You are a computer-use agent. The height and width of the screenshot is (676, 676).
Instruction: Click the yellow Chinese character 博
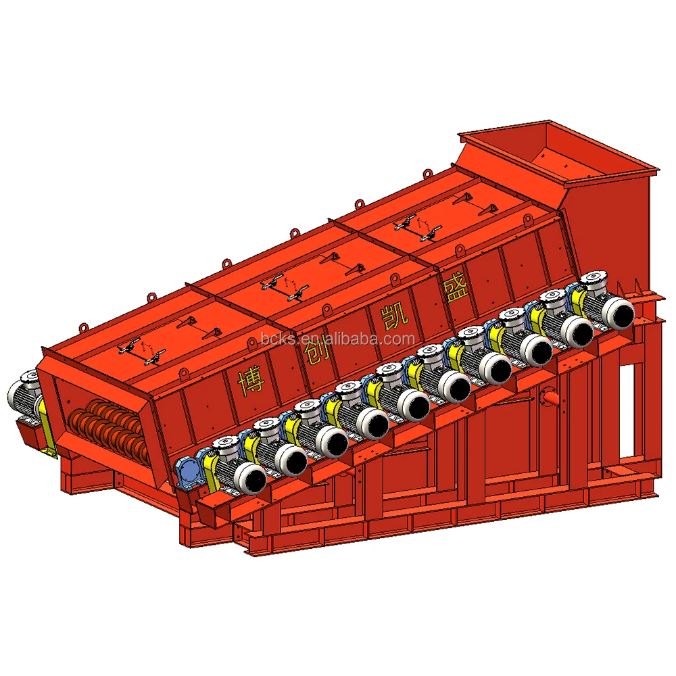tap(251, 381)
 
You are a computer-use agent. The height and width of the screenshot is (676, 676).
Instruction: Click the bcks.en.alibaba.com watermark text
tap(337, 339)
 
